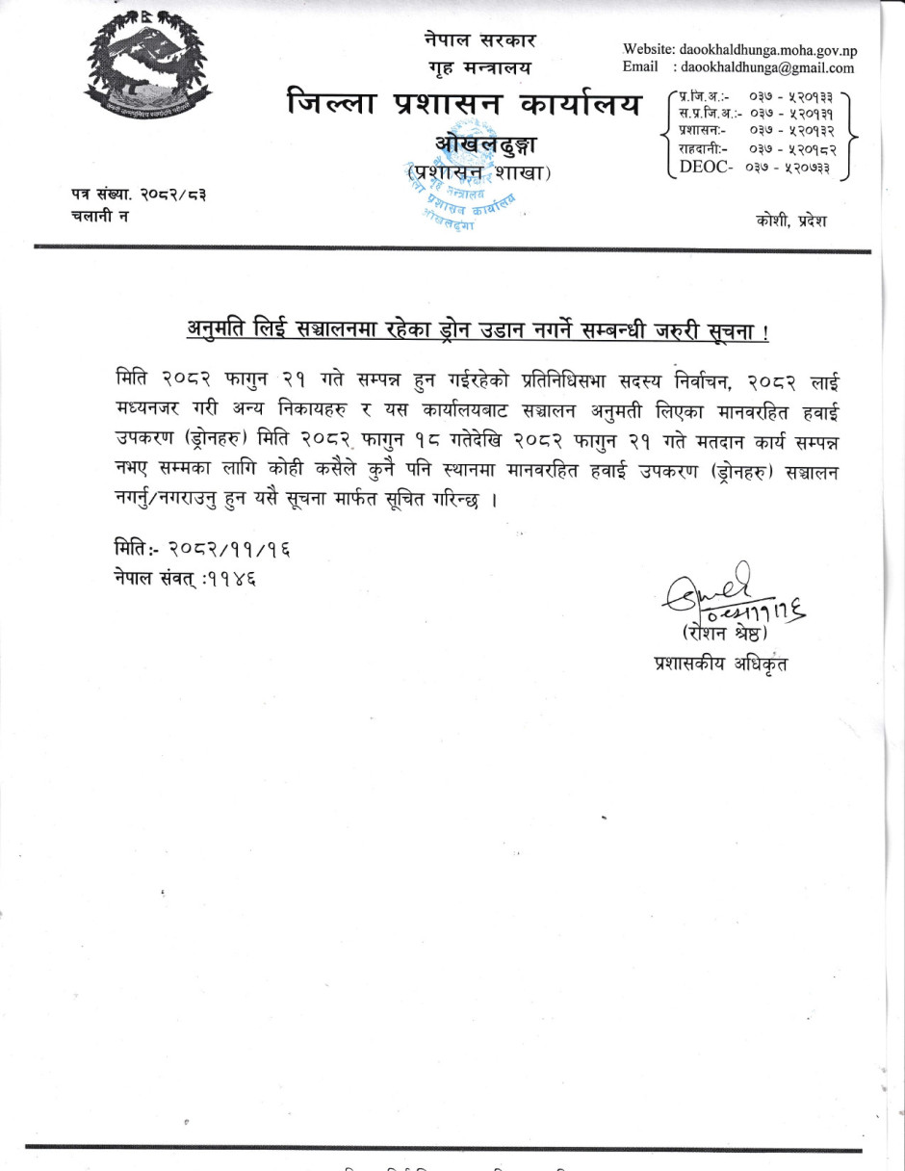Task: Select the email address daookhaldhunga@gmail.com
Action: (x=767, y=68)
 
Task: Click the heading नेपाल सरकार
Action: (x=479, y=40)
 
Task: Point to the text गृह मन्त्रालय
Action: (x=479, y=69)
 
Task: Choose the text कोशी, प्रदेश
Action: (x=791, y=221)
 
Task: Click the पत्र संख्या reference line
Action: (x=138, y=195)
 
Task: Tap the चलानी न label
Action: (x=100, y=216)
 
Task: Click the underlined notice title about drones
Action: (x=478, y=332)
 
